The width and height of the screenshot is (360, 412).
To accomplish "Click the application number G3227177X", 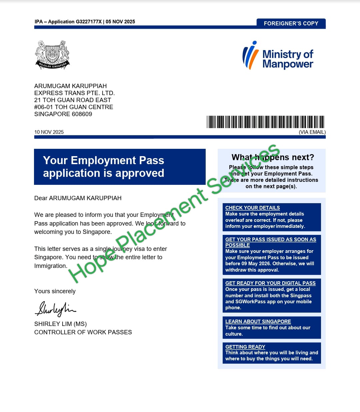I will point(89,22).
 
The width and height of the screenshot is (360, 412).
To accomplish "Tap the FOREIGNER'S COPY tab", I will point(291,23).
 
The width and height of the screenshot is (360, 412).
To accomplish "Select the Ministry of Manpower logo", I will point(278,56).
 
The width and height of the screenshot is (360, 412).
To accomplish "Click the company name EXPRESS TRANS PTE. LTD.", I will point(74,93).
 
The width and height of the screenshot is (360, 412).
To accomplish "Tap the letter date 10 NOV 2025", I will point(49,132).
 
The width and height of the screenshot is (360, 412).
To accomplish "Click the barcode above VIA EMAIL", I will point(265,122).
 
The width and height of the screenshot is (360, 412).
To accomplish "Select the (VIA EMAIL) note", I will point(312,132).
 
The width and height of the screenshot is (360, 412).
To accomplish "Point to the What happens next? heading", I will point(273,157).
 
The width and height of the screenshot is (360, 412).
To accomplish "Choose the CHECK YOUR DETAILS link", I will point(252,208).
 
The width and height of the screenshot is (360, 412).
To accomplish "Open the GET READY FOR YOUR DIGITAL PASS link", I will point(270,283).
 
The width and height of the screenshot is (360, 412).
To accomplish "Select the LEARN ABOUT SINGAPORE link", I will point(258,322).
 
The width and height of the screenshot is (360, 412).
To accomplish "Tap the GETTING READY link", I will point(245,347).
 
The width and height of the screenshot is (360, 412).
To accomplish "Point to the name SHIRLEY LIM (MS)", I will point(60,324).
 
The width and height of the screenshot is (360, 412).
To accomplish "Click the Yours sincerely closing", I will point(55,291).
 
